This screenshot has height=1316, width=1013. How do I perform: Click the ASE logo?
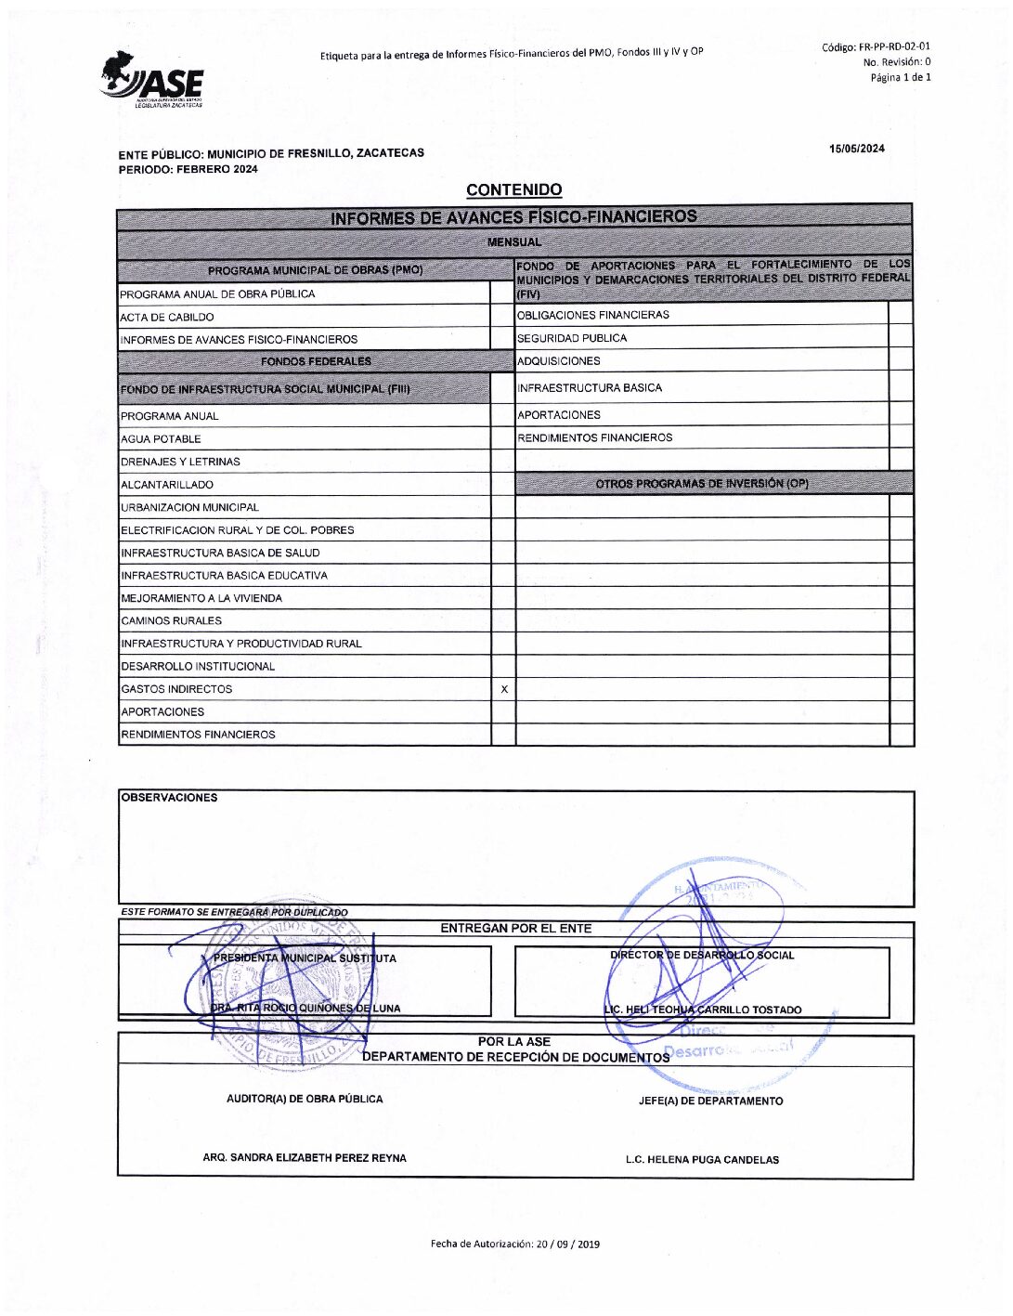[152, 81]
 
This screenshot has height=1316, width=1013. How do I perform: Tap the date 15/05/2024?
[856, 149]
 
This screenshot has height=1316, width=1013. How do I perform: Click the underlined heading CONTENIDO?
[513, 190]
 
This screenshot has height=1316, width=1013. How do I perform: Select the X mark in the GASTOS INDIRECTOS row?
[504, 689]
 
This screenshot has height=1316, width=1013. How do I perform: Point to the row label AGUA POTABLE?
[161, 439]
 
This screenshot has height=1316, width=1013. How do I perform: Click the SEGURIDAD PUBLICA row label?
[572, 338]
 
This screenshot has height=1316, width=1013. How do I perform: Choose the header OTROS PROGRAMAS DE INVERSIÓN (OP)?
[702, 484]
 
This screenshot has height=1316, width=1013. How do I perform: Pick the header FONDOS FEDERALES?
[316, 361]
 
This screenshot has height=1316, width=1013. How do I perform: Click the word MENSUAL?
[514, 242]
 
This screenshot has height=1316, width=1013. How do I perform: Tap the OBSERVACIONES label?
[169, 798]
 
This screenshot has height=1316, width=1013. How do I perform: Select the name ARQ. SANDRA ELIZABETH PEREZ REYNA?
[305, 1158]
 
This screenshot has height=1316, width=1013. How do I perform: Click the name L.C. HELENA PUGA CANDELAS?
[702, 1160]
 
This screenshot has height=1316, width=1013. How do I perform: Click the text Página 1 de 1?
[900, 78]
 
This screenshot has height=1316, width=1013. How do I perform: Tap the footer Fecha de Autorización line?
[514, 1244]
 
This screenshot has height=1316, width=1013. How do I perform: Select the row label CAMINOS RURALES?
[172, 621]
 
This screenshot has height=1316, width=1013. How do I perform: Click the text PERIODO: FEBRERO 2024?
[188, 170]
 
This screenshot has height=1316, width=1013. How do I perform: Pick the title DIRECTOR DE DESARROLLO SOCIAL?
[702, 956]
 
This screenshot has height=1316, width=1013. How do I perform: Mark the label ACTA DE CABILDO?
[167, 318]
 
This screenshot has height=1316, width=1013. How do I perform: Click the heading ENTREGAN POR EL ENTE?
[515, 929]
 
